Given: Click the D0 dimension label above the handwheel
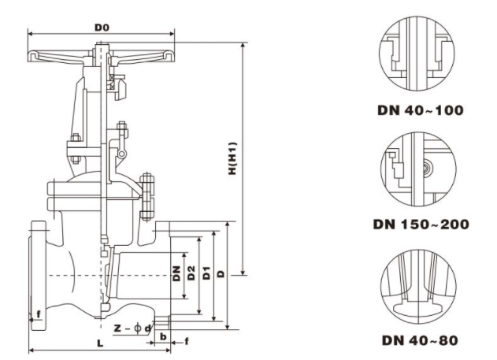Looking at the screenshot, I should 102,28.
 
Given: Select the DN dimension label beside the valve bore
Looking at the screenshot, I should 177,273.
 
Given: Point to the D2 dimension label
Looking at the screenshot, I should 191,273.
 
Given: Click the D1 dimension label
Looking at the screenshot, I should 206,273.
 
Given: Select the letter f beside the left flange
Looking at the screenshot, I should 37,316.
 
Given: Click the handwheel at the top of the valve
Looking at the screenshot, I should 102,57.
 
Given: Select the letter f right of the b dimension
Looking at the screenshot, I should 187,341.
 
